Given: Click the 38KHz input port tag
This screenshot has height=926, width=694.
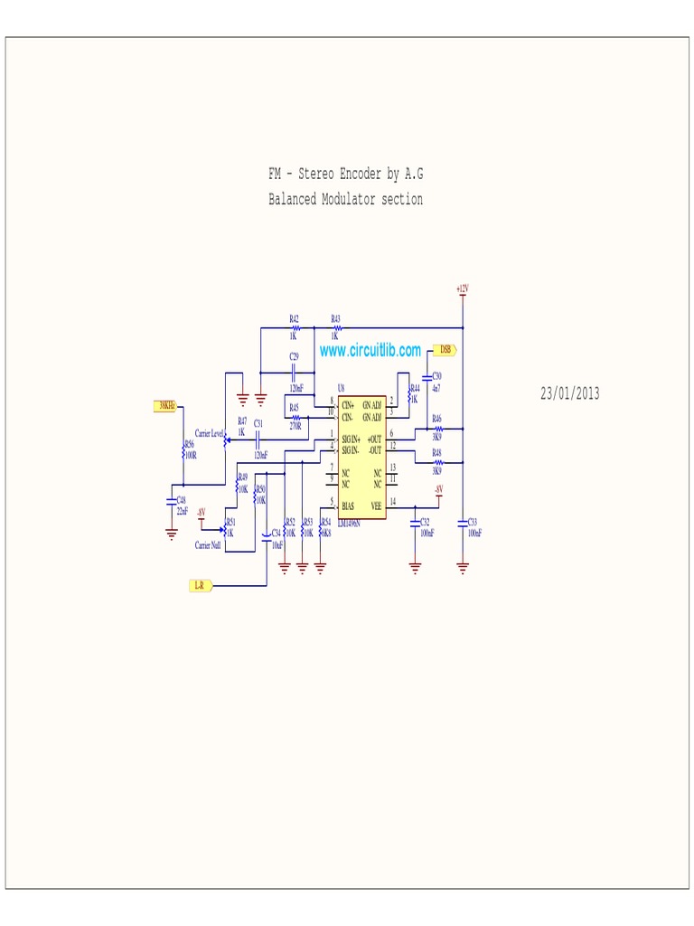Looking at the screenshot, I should [x=166, y=406].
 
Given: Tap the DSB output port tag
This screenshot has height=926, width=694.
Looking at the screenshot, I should [x=445, y=349].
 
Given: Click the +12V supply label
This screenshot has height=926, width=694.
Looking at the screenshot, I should [x=463, y=288].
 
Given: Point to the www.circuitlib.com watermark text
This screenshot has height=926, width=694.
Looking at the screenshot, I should [x=370, y=350].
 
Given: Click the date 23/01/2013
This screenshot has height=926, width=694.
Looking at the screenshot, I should [x=569, y=393].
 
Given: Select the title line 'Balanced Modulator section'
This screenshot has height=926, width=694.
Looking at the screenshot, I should [x=345, y=199].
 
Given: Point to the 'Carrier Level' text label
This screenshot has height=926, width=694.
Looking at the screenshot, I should [x=210, y=434].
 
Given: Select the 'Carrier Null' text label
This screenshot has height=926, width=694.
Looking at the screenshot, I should [x=208, y=545].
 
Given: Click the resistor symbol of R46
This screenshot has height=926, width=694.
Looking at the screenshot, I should [x=437, y=429].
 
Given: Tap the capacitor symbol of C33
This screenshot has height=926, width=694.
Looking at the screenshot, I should [x=463, y=522].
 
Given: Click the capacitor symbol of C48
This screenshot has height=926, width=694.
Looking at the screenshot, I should [x=172, y=499].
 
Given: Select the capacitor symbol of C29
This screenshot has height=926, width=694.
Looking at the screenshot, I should [x=295, y=372].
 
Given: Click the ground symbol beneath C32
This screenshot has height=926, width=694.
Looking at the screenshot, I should [x=415, y=567].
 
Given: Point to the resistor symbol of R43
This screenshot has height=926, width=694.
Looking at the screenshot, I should [x=335, y=328].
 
